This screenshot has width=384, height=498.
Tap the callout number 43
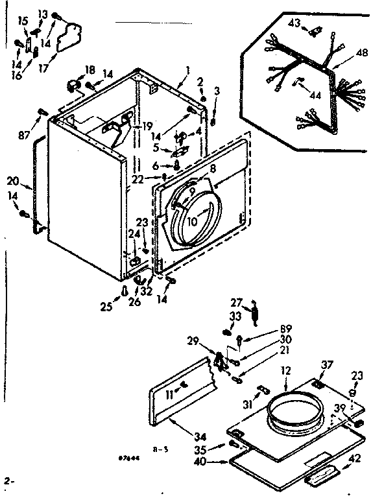(294, 23)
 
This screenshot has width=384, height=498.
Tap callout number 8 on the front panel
(211, 167)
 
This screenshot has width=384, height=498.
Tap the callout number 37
(326, 365)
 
